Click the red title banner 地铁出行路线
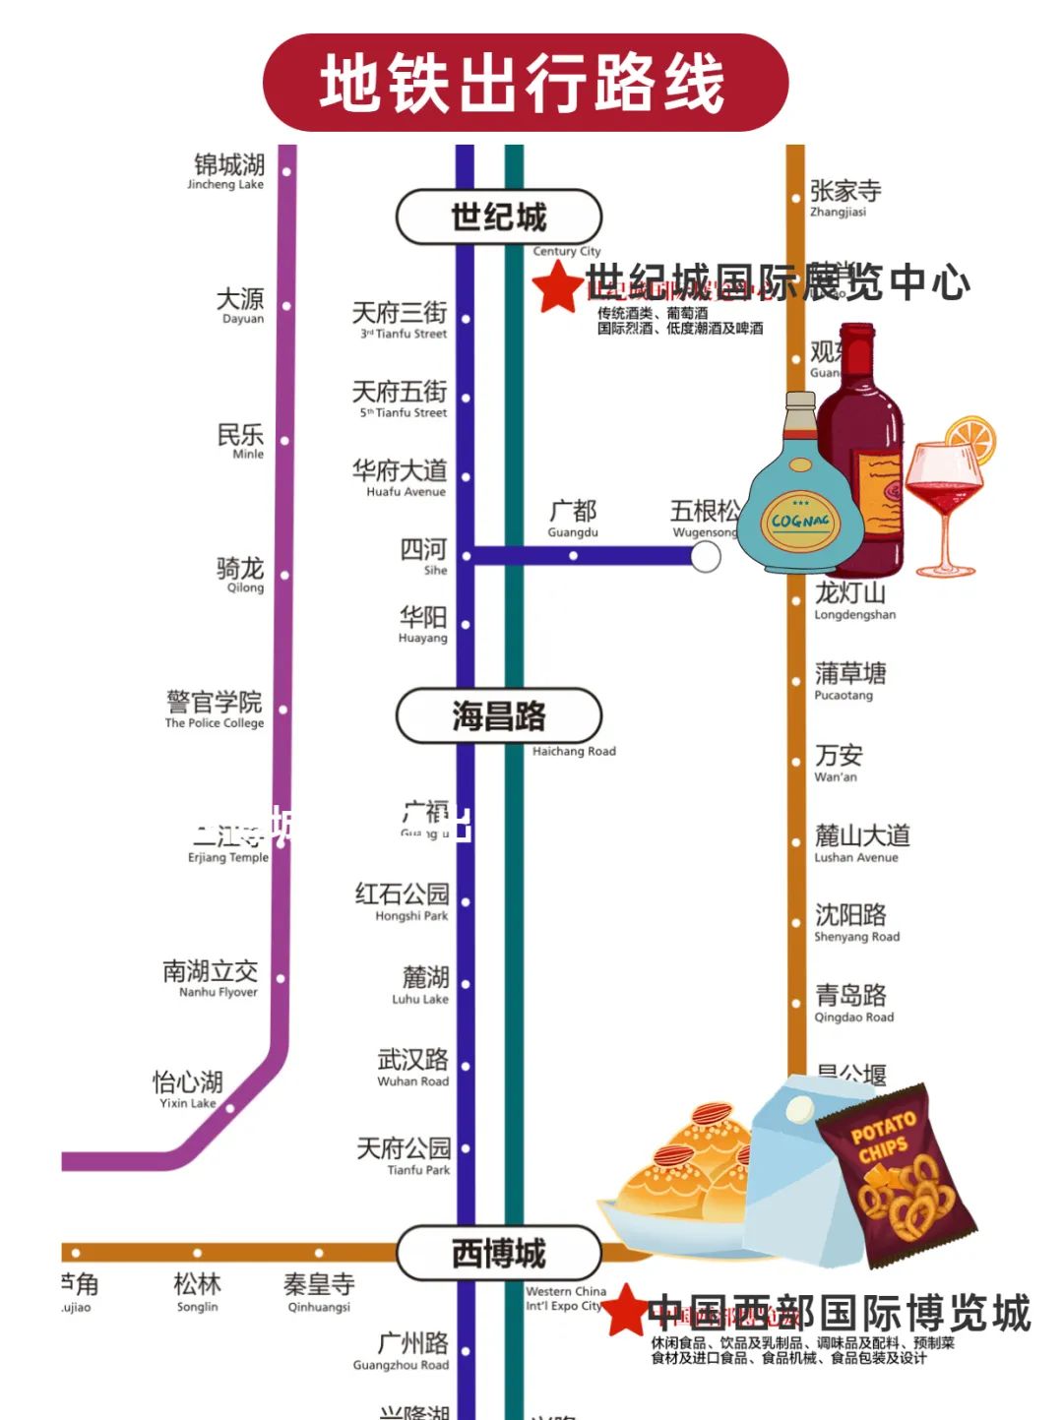tap(525, 83)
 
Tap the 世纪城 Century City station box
tap(498, 217)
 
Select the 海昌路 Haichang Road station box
tap(498, 716)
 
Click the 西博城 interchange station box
tap(498, 1254)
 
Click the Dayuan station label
tap(241, 304)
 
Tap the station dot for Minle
tap(284, 441)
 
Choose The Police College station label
tap(215, 709)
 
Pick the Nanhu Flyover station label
tap(211, 978)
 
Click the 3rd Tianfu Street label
tap(401, 319)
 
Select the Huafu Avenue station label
tap(401, 477)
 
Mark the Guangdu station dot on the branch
tap(573, 556)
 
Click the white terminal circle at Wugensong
tap(705, 557)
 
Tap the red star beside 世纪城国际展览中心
tap(557, 286)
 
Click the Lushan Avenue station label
tap(861, 842)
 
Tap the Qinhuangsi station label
tap(319, 1291)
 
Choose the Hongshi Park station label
tap(403, 900)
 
